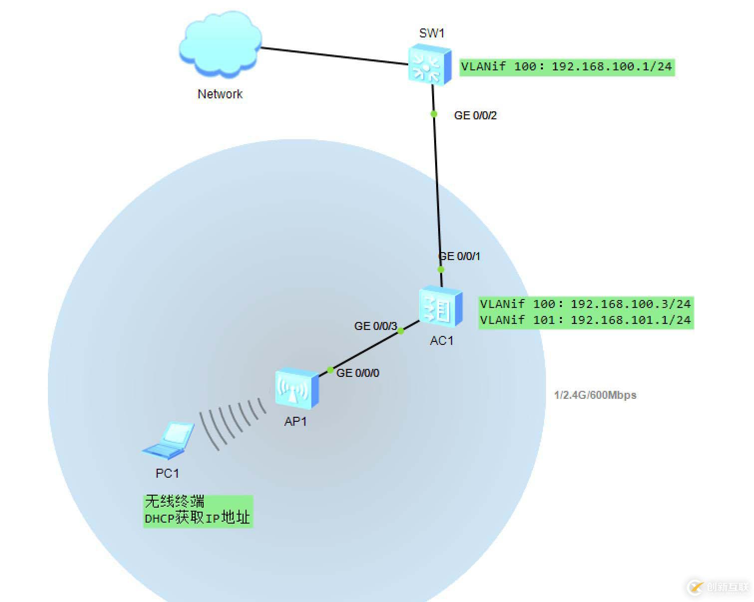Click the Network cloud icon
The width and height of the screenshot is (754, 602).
click(220, 44)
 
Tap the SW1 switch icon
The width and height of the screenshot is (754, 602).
click(430, 64)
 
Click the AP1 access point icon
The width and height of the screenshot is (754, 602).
click(296, 388)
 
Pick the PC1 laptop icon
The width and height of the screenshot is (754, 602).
click(169, 440)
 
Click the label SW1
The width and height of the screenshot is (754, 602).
click(432, 33)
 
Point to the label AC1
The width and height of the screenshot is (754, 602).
click(442, 341)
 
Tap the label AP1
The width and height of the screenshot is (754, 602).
click(295, 422)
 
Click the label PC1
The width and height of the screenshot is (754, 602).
click(167, 473)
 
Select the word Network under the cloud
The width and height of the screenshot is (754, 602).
click(220, 94)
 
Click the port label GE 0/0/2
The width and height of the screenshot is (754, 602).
click(475, 116)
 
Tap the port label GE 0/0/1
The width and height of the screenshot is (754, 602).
click(460, 257)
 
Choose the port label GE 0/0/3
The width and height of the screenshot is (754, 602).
click(375, 326)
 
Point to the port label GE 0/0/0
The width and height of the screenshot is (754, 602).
click(358, 373)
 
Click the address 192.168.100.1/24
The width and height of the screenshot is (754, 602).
click(611, 67)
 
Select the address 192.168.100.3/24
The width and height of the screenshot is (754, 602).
click(630, 304)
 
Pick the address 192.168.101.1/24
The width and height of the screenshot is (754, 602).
click(630, 320)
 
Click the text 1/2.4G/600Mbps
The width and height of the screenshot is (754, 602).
click(595, 395)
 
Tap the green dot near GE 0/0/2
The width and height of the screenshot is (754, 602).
click(434, 114)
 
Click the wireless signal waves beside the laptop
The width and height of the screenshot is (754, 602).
click(232, 422)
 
